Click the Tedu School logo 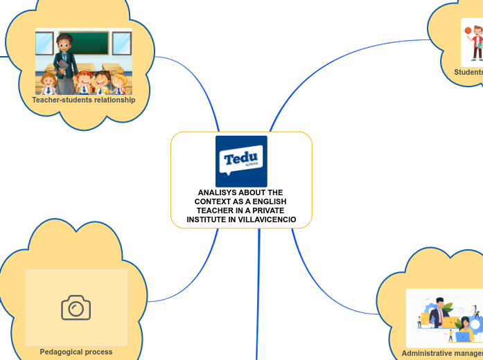click(241, 161)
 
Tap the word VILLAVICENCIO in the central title click(266, 220)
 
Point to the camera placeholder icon click(76, 307)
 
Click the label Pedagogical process click(76, 352)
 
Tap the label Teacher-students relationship click(83, 100)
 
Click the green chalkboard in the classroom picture click(83, 43)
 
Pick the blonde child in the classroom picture click(118, 82)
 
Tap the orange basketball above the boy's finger click(468, 30)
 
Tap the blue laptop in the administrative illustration click(462, 337)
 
